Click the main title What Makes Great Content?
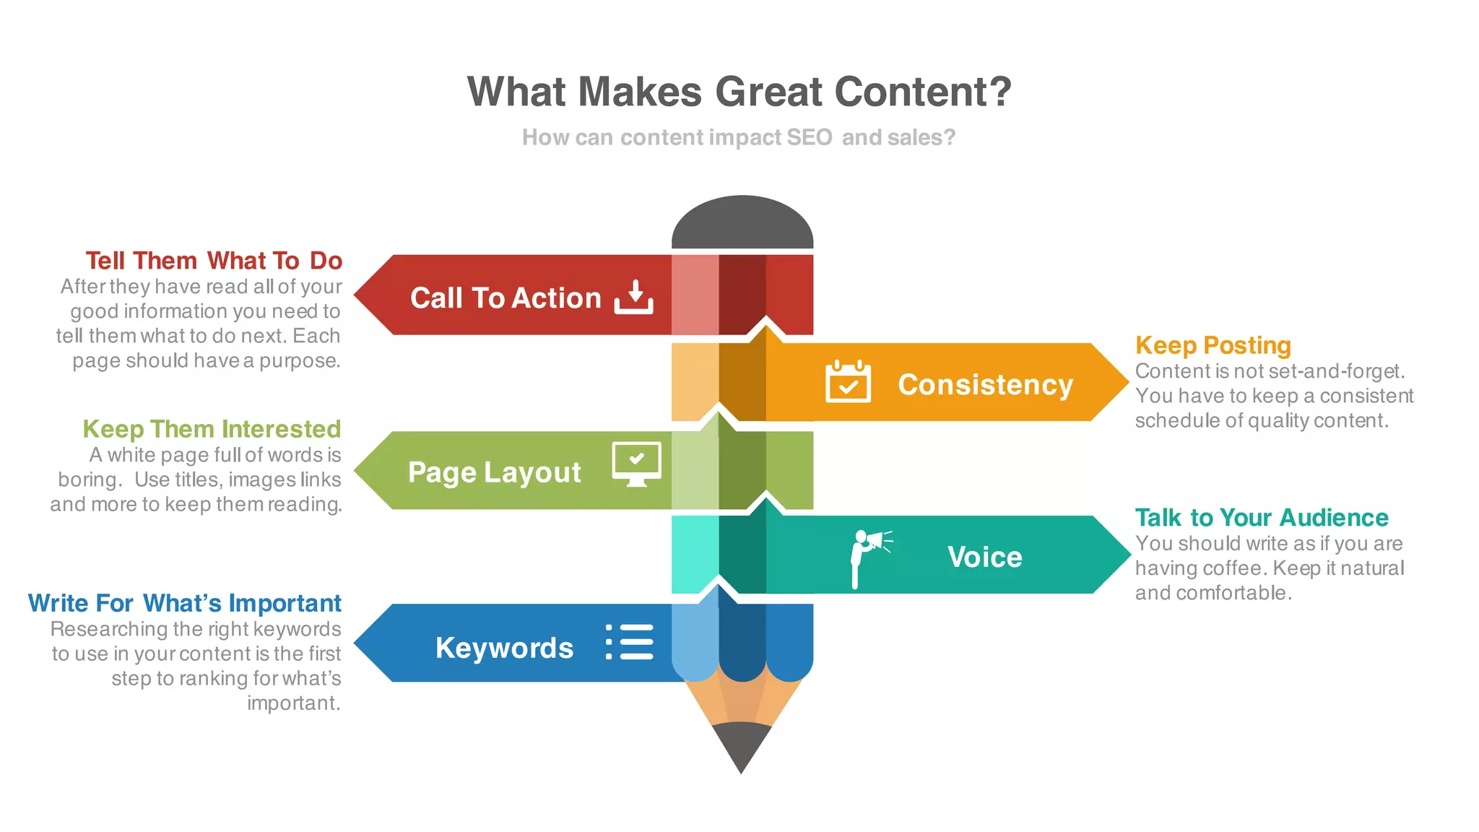point(739,92)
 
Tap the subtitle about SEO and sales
point(739,137)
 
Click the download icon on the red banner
point(634,297)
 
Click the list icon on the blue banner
point(630,642)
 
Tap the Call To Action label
point(506,298)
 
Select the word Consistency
point(985,385)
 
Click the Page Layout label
point(494,473)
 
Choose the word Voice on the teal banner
point(984,558)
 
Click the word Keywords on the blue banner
point(504,648)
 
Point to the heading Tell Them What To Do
point(214,261)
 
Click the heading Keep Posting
point(1213,346)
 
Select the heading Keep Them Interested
point(212,429)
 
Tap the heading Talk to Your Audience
point(1261,518)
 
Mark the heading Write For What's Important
point(185,603)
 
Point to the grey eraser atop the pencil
point(742,224)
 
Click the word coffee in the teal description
point(1233,568)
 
